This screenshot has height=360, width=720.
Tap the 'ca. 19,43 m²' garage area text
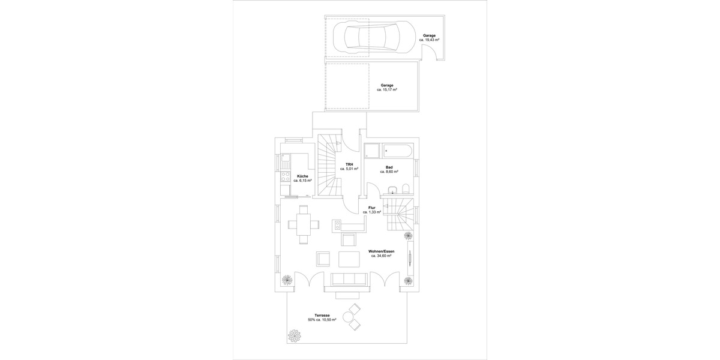tap(429, 40)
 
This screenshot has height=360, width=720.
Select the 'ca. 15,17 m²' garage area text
tap(387, 90)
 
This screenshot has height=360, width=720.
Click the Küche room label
tap(302, 176)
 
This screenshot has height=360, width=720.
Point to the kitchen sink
tap(285, 161)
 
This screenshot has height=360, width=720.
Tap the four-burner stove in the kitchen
tap(286, 178)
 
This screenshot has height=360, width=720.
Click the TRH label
tap(349, 164)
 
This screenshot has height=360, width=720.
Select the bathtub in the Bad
tap(397, 150)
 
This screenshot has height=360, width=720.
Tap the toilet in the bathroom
tap(406, 189)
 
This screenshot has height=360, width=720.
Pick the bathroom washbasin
tap(392, 191)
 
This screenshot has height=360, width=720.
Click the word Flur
tap(372, 207)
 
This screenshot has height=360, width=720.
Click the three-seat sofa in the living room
tap(349, 278)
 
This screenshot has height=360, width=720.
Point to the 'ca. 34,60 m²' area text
tap(381, 256)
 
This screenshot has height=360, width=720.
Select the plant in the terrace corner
tap(295, 334)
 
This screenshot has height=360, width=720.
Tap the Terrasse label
tap(322, 315)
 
